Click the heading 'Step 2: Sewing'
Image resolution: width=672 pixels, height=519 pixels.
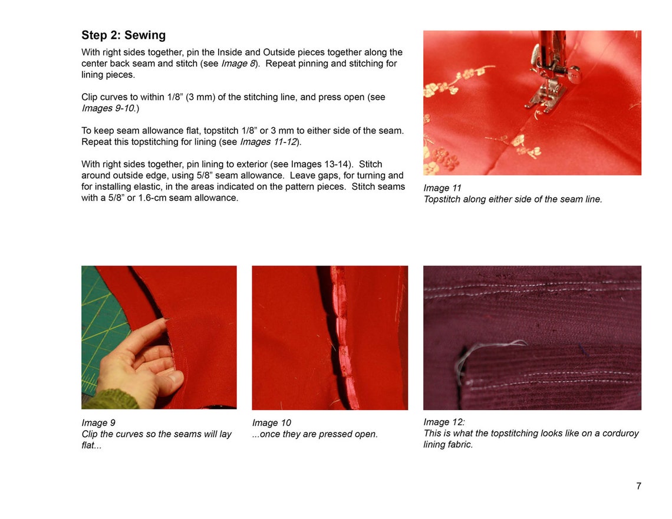123,35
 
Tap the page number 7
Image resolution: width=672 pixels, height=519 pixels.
638,486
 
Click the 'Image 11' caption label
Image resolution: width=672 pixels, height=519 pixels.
442,188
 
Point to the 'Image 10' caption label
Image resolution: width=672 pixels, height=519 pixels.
271,423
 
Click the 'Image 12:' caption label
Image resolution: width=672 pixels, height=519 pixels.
444,422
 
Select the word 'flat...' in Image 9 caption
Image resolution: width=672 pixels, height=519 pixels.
91,445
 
